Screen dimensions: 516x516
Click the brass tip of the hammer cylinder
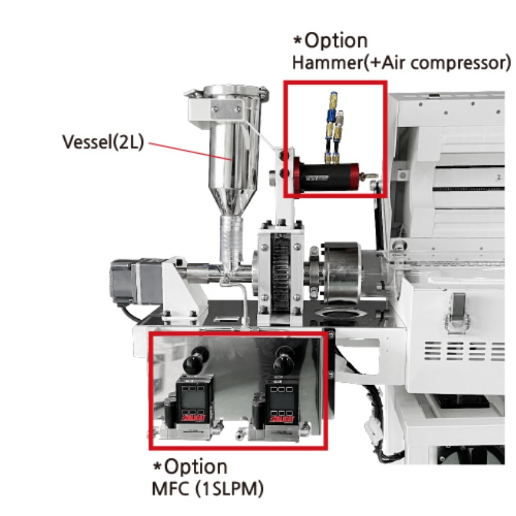pos(373,175)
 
